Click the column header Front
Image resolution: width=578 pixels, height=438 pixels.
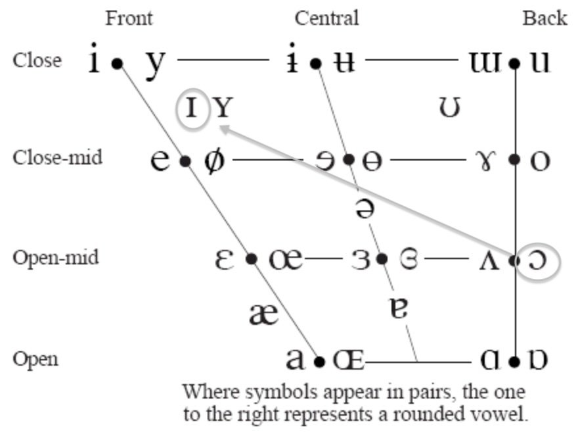[129, 18]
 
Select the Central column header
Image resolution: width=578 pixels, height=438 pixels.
[326, 18]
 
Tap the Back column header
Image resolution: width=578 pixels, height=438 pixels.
[545, 18]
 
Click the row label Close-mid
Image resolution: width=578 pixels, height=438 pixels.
[57, 158]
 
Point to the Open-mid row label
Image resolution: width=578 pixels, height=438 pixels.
[55, 257]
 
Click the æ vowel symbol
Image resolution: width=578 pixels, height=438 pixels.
[264, 314]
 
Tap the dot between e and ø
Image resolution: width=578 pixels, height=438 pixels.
[185, 160]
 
